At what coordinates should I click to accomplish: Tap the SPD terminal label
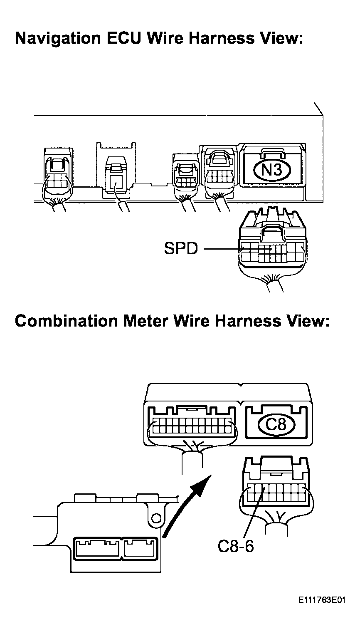coord(181,248)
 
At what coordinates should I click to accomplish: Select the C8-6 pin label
coord(236,546)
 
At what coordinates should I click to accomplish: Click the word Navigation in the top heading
coord(58,39)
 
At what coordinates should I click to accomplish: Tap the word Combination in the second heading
coord(66,321)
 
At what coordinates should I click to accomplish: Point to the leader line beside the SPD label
coord(223,249)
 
